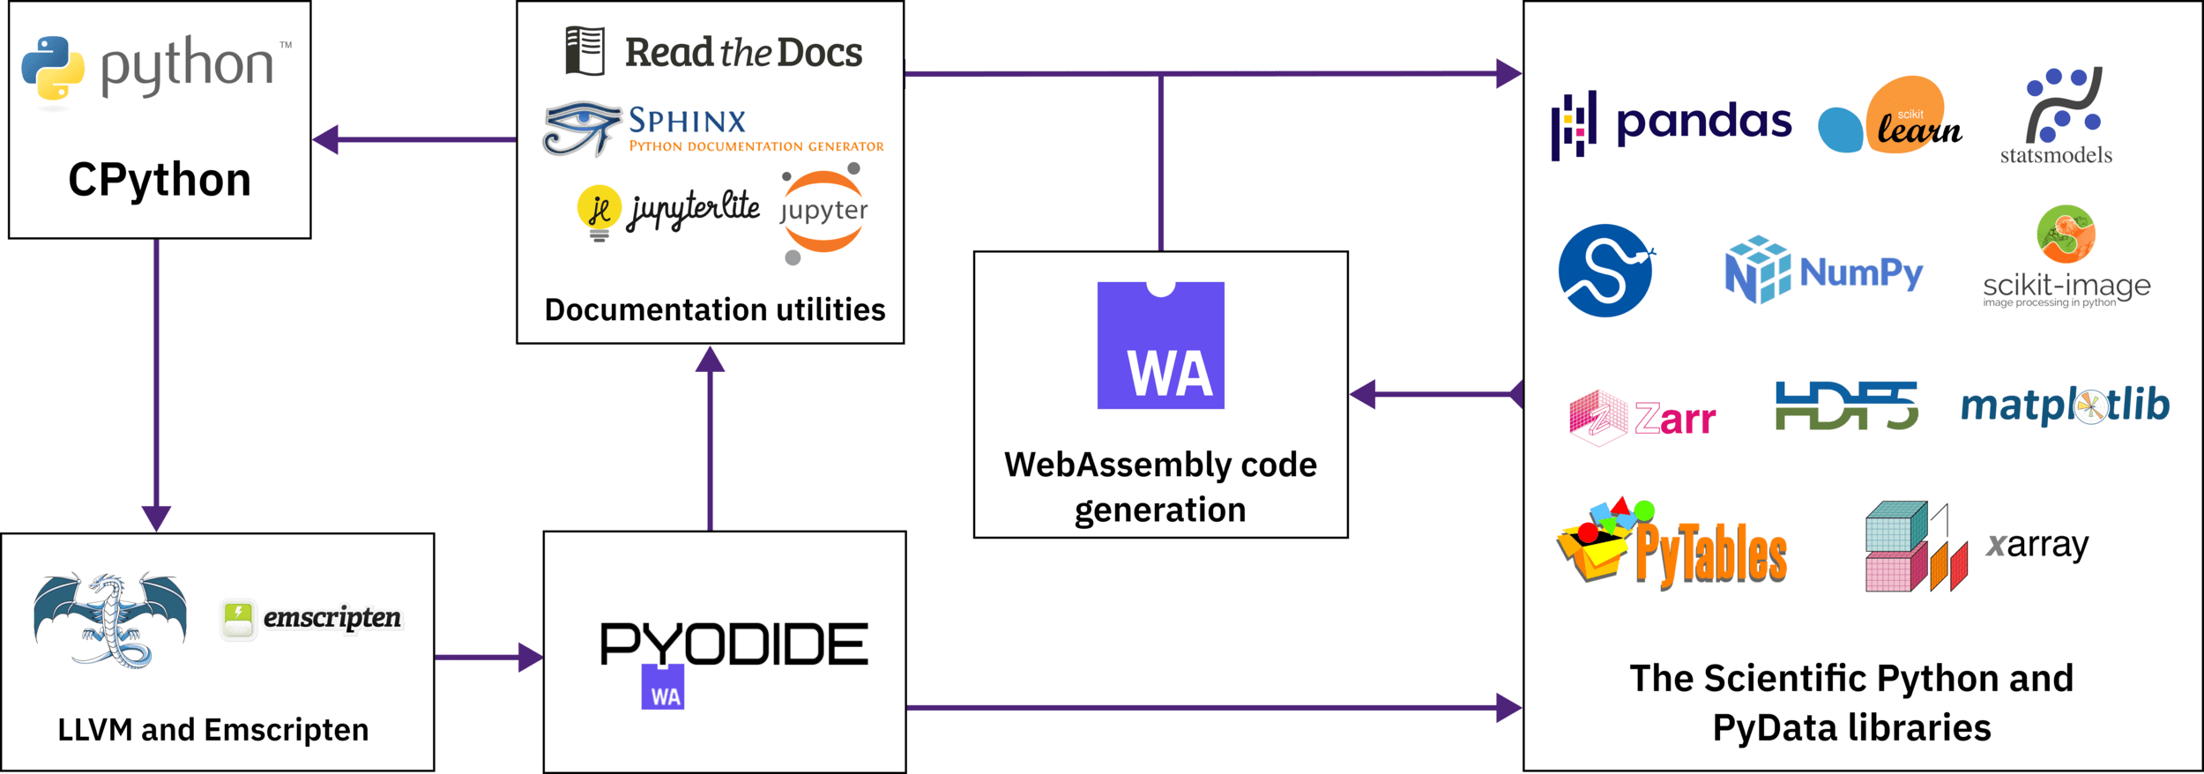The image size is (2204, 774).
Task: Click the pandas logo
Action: pos(1671,123)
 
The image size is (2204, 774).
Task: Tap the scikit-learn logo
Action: pos(1889,117)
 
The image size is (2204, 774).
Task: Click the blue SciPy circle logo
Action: pos(1605,271)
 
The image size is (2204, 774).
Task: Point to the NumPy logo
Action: pos(1824,271)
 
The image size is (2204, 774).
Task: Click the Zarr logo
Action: pos(1642,418)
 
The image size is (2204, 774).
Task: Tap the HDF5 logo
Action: pos(1846,406)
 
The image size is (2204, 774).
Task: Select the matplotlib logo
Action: pos(2065,406)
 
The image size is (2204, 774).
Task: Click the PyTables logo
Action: pos(1672,545)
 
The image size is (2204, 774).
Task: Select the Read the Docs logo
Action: pos(713,52)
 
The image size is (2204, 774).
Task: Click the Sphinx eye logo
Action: pos(581,128)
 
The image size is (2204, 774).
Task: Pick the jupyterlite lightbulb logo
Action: pos(599,212)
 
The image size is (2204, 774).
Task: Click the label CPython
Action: pos(160,180)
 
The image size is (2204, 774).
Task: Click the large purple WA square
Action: pos(1160,346)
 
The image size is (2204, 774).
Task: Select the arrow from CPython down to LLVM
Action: pos(156,379)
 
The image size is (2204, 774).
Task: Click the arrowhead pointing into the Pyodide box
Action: pos(530,657)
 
